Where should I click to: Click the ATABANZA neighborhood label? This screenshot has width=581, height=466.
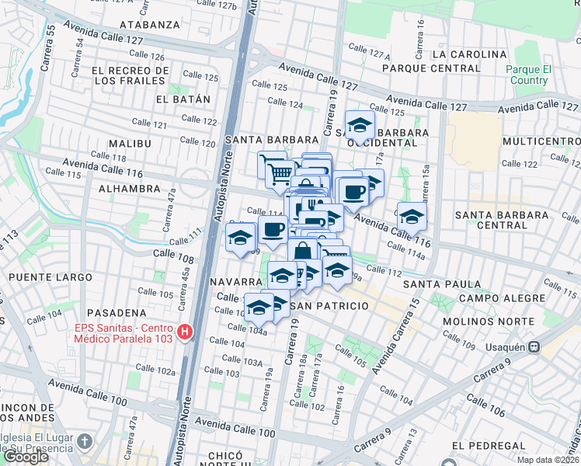150,25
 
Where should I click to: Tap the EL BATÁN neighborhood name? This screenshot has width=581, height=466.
183,99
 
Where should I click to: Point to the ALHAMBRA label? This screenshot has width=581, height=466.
130,189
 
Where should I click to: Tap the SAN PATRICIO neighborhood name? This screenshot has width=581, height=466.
329,306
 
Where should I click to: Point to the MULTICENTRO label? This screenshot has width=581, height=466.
541,141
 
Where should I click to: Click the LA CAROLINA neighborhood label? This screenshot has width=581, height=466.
470,54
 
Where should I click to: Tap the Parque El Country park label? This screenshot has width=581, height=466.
527,75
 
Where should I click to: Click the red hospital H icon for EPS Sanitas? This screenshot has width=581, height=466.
185,333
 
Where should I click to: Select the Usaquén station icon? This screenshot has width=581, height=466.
534,347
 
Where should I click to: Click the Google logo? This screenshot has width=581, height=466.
26,457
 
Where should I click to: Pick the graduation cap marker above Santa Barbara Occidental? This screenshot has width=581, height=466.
360,124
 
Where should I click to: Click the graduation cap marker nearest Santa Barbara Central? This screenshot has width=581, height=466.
411,216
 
